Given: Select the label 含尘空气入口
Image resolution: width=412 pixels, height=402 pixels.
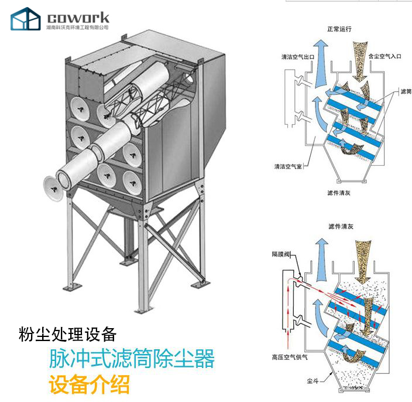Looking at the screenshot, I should click(384, 57).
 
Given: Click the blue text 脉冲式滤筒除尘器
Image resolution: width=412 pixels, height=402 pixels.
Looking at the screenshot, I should click(132, 358).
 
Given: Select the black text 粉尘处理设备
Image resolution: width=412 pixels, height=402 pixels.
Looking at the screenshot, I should click(67, 335).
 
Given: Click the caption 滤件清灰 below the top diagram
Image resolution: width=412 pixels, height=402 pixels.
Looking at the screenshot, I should click(339, 192).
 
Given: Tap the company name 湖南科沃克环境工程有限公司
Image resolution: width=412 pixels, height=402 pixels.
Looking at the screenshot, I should click(77, 27).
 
